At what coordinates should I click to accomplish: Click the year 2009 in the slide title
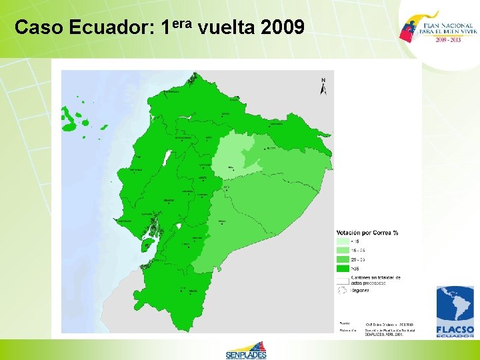283,27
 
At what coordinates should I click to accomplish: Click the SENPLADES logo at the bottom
246,350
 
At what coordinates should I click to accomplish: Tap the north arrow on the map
323,87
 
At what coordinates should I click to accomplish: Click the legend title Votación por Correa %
367,233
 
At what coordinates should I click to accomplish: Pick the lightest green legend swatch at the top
342,241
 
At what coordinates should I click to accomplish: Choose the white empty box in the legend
342,279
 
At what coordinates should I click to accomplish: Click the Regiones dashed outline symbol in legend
342,290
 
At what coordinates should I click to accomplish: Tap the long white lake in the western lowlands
167,159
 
